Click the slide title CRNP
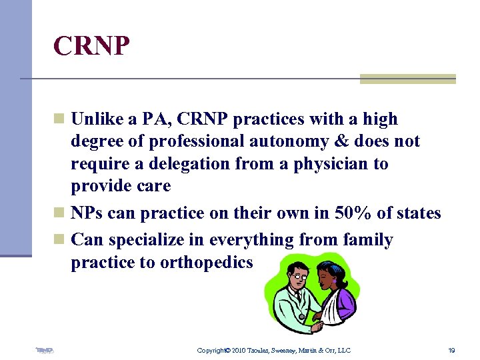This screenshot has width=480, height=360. tap(92, 47)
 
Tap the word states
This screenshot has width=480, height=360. tap(413, 213)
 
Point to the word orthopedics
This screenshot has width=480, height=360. tap(206, 263)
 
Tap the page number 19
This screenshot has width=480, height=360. tap(451, 350)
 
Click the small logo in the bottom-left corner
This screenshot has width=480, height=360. tap(45, 349)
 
